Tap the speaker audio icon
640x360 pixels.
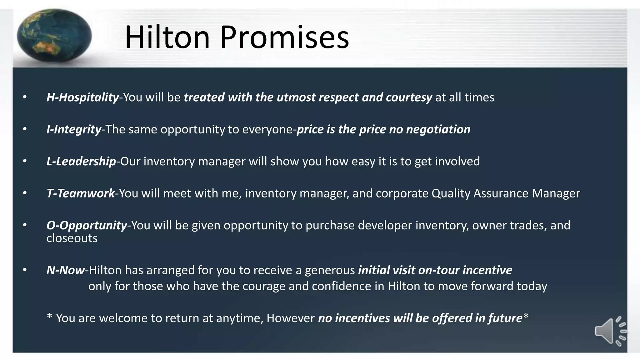click(x=610, y=331)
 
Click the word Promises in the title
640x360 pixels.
click(x=284, y=37)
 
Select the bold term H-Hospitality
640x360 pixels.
click(x=82, y=97)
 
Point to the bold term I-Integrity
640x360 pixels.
click(x=74, y=129)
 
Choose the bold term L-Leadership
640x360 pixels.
click(x=81, y=161)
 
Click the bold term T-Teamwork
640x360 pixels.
click(x=81, y=193)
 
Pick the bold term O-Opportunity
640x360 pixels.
click(x=87, y=225)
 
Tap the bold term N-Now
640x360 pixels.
click(x=66, y=270)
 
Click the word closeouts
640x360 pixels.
click(x=72, y=238)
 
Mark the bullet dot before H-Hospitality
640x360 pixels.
click(x=25, y=97)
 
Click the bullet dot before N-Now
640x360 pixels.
click(x=25, y=270)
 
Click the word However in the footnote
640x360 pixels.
click(x=290, y=318)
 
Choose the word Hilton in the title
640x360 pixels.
click(x=167, y=37)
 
